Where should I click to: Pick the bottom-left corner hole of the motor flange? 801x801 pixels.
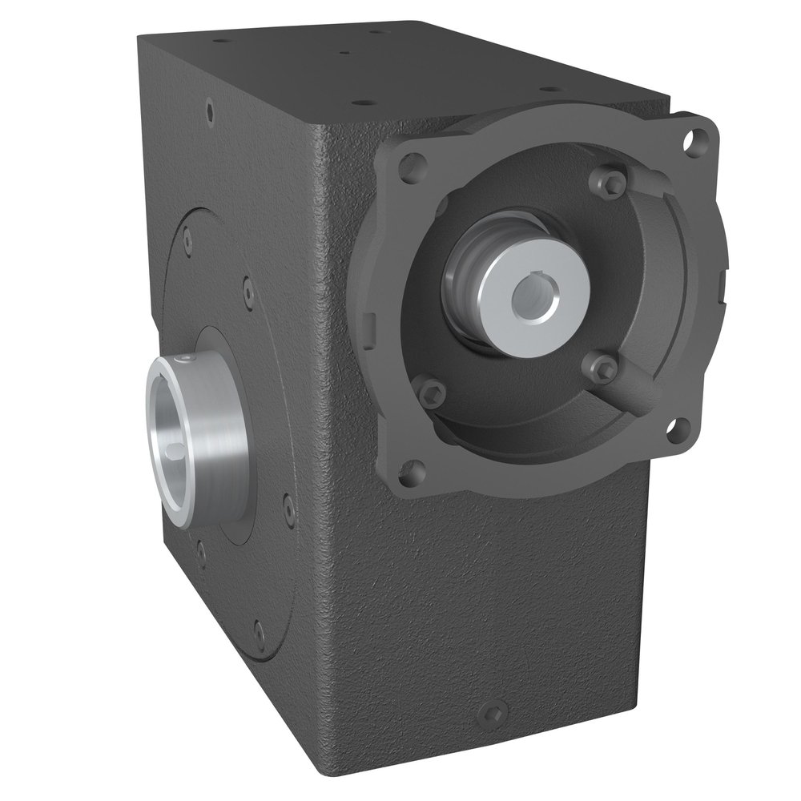[412, 472]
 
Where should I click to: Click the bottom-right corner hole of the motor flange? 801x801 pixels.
[680, 430]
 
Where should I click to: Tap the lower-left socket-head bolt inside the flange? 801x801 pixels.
[433, 392]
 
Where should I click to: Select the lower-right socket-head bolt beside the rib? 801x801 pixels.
[606, 369]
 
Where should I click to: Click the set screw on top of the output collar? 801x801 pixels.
[186, 358]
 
